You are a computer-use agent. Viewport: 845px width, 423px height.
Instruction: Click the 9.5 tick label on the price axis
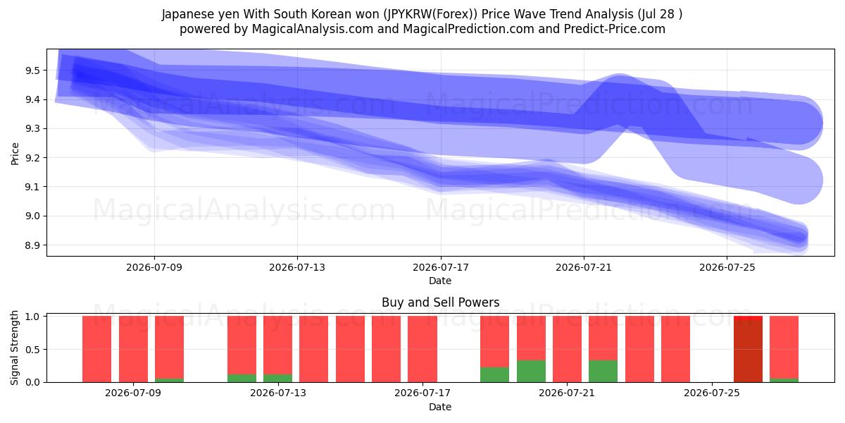coord(32,70)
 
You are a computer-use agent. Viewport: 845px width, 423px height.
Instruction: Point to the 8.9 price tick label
coord(32,245)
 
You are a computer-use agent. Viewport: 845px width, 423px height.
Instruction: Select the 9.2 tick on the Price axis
coord(32,158)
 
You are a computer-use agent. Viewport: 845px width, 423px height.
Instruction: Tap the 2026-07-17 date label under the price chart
coord(441,267)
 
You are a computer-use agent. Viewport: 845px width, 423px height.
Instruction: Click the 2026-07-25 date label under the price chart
coord(727,267)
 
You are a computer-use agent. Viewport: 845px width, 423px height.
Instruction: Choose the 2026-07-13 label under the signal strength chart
coord(278,393)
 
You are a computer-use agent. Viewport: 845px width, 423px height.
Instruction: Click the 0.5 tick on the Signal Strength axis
coord(32,350)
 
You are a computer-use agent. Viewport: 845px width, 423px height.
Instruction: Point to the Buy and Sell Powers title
coord(441,302)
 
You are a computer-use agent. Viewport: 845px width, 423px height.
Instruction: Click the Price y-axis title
coord(15,154)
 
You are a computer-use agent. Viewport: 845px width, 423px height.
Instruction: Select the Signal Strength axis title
coord(14,348)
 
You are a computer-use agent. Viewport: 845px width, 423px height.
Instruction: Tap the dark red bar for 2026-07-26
coord(748,351)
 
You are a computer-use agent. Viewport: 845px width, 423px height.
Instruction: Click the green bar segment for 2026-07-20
coord(531,372)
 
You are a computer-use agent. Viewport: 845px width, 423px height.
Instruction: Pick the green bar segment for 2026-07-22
coord(603,372)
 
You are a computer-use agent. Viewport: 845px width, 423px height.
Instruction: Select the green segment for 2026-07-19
coord(494,374)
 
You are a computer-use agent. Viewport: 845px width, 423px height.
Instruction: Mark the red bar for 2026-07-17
coord(423,349)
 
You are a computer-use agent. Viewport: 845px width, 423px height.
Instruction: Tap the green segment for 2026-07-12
coord(242,378)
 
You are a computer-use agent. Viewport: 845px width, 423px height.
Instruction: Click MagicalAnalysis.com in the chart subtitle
coord(313,29)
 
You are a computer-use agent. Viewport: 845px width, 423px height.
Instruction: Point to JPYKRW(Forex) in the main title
coord(430,14)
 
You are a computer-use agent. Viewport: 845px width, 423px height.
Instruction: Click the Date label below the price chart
coord(440,281)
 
